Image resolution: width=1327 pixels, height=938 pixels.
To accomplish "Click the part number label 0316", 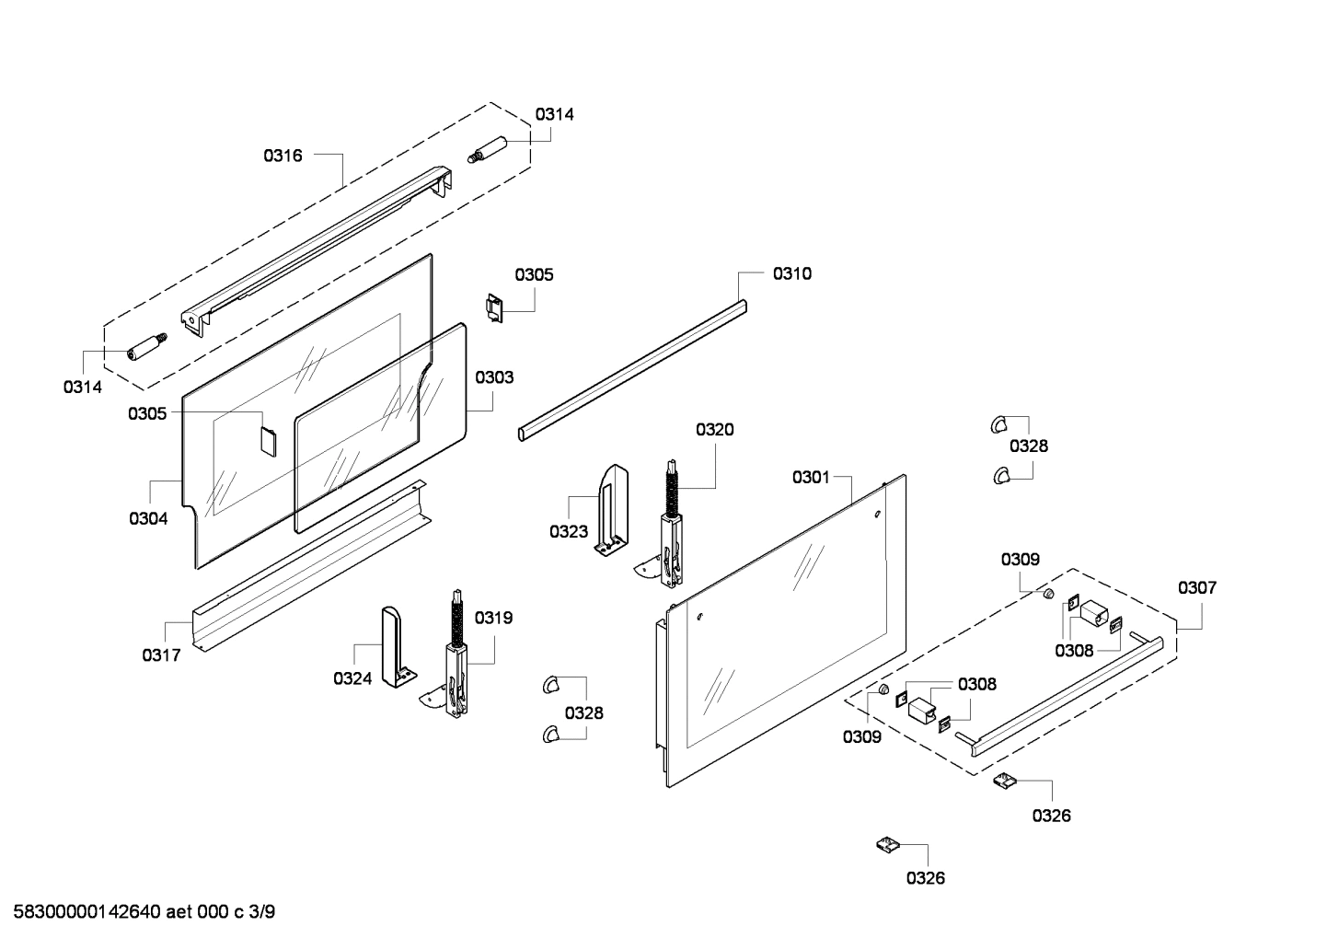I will pos(283,156).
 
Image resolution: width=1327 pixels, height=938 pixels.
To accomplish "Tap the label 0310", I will pos(791,273).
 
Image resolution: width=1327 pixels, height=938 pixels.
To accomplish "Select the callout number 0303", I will pos(494,377).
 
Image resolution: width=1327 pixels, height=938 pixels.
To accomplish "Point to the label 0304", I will pos(148,518).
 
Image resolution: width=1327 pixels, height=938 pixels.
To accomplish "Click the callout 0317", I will pos(161,655).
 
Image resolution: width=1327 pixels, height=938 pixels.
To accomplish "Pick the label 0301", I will pos(811,477).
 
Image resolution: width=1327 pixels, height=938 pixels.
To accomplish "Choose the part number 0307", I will pos(1197,587).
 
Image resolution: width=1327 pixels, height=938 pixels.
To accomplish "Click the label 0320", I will pos(714,429).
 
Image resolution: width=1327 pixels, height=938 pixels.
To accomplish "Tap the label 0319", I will pos(493,618).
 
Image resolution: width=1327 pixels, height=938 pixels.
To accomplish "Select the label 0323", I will pos(569,531).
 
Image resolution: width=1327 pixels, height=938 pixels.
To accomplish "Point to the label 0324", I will pos(352,678).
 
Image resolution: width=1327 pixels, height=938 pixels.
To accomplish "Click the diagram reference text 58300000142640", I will pos(82,913).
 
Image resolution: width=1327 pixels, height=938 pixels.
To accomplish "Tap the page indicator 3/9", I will pos(261,913).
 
